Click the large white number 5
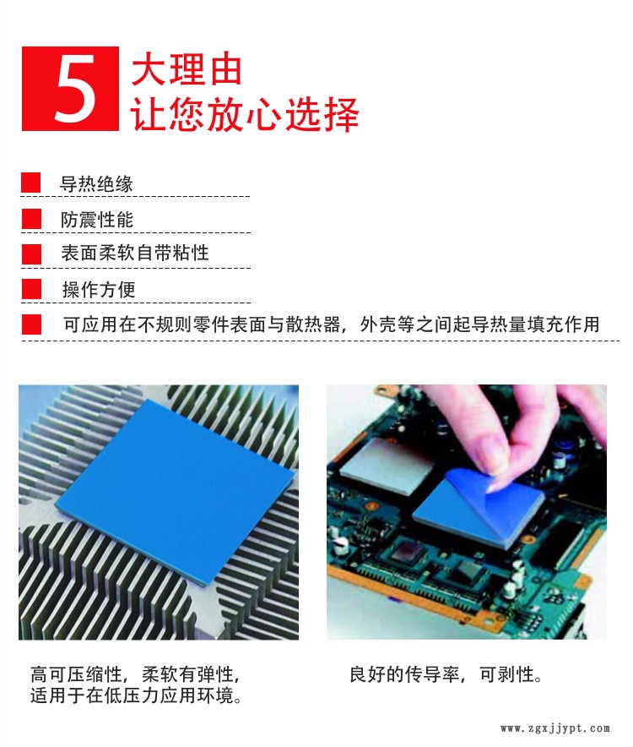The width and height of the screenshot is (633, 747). [x=75, y=88]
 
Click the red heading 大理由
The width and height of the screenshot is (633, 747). [x=187, y=69]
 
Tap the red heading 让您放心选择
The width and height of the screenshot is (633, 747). [x=245, y=114]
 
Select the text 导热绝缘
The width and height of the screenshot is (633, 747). [x=96, y=184]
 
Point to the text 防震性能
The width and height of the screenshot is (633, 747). [x=96, y=220]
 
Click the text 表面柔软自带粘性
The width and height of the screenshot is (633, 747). [x=135, y=253]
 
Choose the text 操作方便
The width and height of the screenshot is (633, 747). [x=99, y=289]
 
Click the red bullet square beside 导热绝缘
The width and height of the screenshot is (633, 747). [x=31, y=183]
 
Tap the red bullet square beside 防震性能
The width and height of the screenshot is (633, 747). [x=31, y=219]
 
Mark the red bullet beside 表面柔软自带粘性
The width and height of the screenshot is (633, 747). [x=31, y=254]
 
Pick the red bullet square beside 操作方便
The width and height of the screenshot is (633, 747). [x=31, y=289]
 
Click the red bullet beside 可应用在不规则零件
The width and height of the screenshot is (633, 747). [x=31, y=324]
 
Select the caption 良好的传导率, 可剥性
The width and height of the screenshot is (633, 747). [x=446, y=674]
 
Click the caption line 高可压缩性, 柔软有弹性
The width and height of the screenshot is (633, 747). [x=135, y=674]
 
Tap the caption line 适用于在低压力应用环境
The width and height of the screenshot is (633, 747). [x=137, y=695]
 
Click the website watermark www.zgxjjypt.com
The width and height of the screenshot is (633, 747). [x=555, y=728]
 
